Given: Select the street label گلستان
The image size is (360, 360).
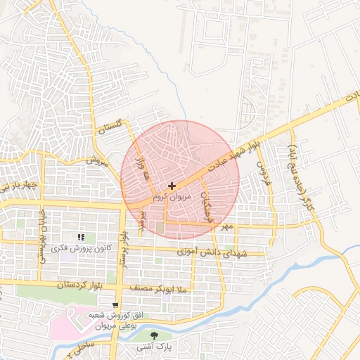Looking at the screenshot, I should coord(110,128).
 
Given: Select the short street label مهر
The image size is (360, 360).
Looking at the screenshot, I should coord(226,227).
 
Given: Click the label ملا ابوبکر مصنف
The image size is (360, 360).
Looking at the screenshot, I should coord(162,288).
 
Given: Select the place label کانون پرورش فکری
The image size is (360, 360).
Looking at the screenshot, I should coord(85,248).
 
